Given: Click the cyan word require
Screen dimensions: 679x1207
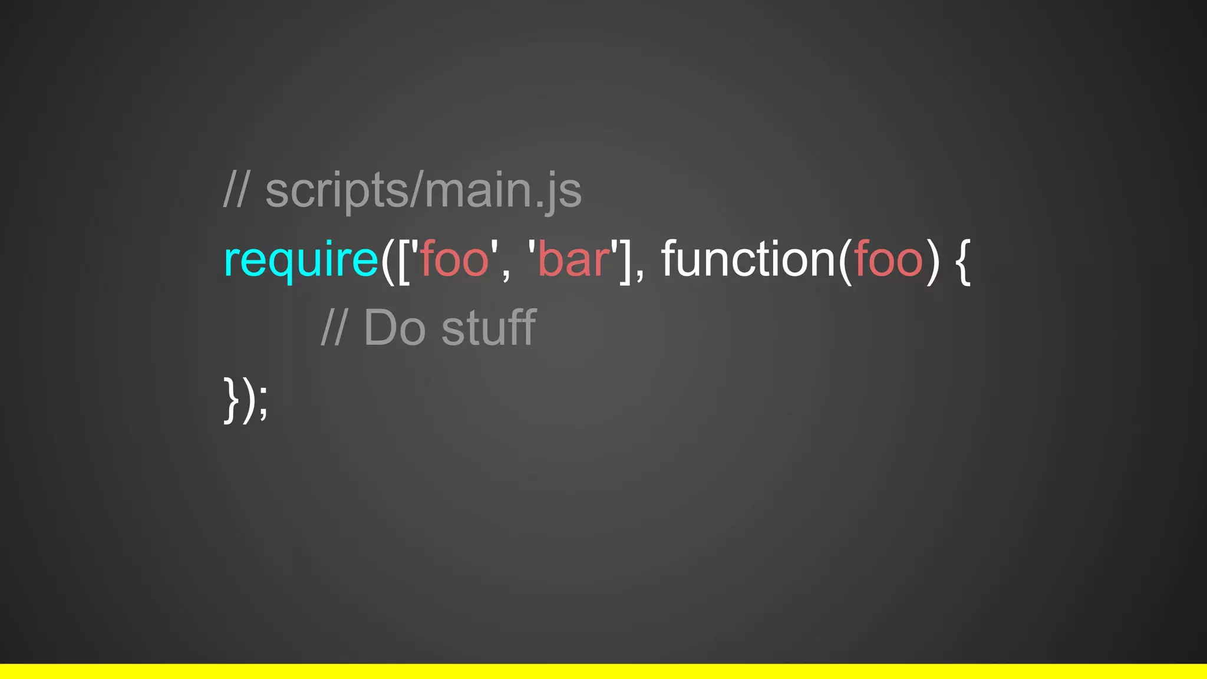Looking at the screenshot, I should click(x=301, y=259).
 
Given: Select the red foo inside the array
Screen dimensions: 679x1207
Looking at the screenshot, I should click(x=454, y=259).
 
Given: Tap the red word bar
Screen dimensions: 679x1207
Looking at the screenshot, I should click(x=573, y=259).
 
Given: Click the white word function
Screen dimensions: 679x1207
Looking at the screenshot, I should click(x=748, y=259).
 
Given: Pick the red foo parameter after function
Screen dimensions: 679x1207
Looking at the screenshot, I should click(x=889, y=259).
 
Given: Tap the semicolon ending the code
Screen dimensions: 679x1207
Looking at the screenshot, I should click(x=263, y=402).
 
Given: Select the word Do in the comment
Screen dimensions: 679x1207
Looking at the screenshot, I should click(x=394, y=328).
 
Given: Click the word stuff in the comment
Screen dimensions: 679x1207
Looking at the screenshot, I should click(x=489, y=328).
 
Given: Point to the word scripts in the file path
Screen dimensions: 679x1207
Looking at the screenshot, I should click(x=337, y=192).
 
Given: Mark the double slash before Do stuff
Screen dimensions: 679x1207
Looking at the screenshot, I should click(x=334, y=328).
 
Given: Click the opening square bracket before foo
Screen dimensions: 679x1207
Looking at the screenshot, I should click(x=404, y=261).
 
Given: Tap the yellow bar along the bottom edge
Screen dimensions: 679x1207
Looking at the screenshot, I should click(x=603, y=671).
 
